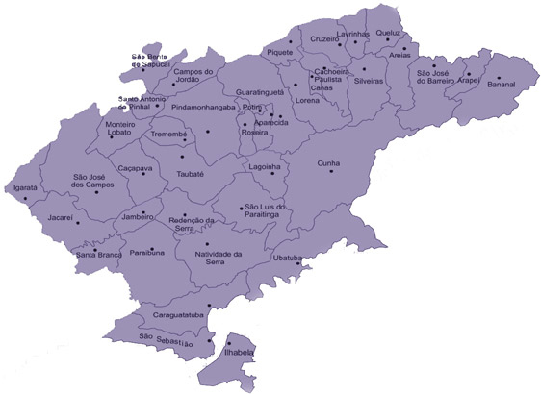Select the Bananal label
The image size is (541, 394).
(502, 85)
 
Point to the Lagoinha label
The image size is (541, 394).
(264, 165)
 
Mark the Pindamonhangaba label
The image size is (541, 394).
(203, 107)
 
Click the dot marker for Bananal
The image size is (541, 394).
(498, 76)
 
